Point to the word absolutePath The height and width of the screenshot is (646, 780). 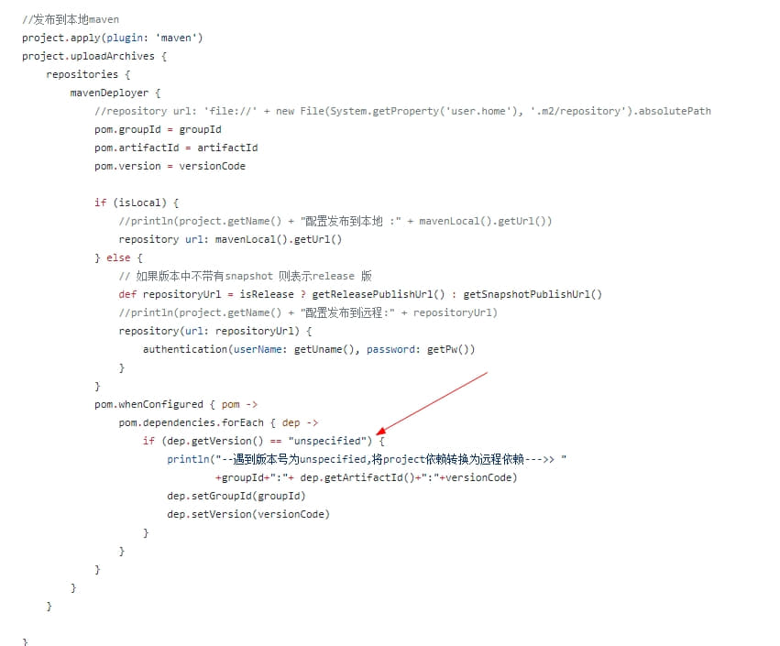(675, 111)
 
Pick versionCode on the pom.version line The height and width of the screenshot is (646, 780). (212, 166)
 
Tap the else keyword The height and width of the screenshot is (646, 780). (118, 257)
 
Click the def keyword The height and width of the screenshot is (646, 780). (127, 294)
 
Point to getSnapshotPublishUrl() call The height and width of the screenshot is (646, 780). (533, 294)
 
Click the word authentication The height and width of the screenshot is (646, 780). (184, 349)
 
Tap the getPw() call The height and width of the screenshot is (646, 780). (451, 349)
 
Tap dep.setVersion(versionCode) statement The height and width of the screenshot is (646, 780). (247, 514)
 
